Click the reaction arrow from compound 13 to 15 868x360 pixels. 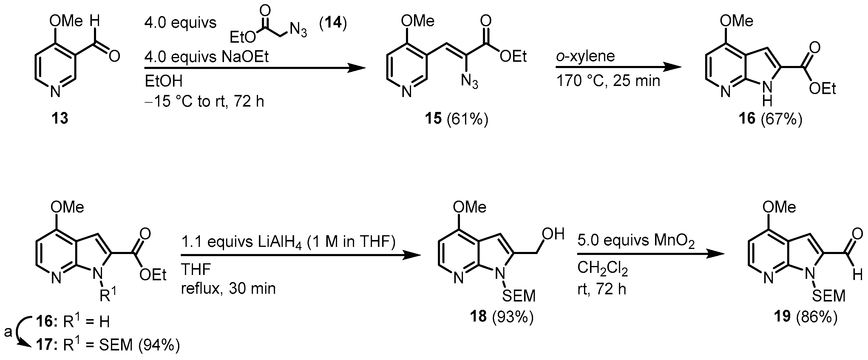click(x=254, y=68)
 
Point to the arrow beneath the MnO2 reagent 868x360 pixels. click(x=650, y=255)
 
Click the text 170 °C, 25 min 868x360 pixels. click(x=608, y=81)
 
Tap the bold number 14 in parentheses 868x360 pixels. click(x=333, y=24)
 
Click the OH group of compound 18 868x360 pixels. click(x=553, y=234)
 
